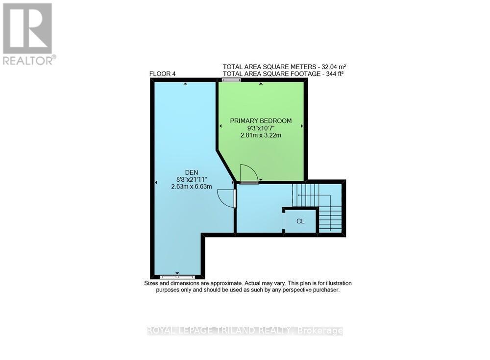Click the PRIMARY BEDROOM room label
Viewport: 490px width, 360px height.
coord(261,121)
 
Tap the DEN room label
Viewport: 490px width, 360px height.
coord(191,171)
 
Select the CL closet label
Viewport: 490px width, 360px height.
coord(300,221)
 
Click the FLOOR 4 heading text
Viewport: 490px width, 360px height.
coord(162,74)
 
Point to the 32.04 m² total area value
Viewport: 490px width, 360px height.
coord(335,67)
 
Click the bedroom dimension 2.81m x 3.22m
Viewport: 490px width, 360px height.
coord(261,135)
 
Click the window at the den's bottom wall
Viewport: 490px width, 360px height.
coord(177,277)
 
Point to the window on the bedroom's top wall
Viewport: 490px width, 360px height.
coord(231,79)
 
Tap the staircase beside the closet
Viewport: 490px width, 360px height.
coord(318,206)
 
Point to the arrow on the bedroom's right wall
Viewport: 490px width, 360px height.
coord(302,126)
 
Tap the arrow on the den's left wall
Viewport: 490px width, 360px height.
coord(156,183)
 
